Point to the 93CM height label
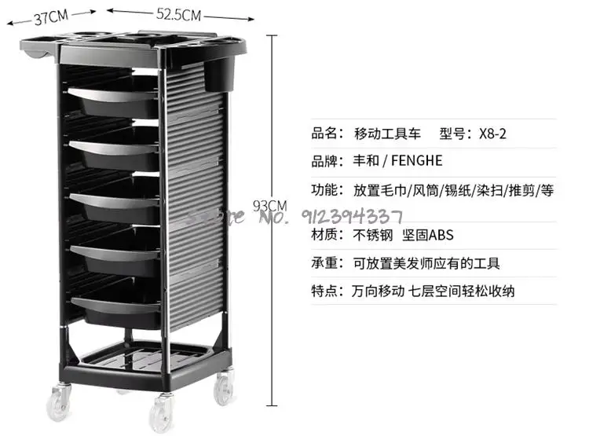coord(270,206)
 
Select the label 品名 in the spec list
coord(326,134)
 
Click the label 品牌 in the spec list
coord(326,161)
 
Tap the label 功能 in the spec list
coord(326,190)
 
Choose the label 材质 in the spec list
coord(326,235)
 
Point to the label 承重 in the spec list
coord(326,263)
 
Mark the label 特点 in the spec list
coord(326,291)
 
